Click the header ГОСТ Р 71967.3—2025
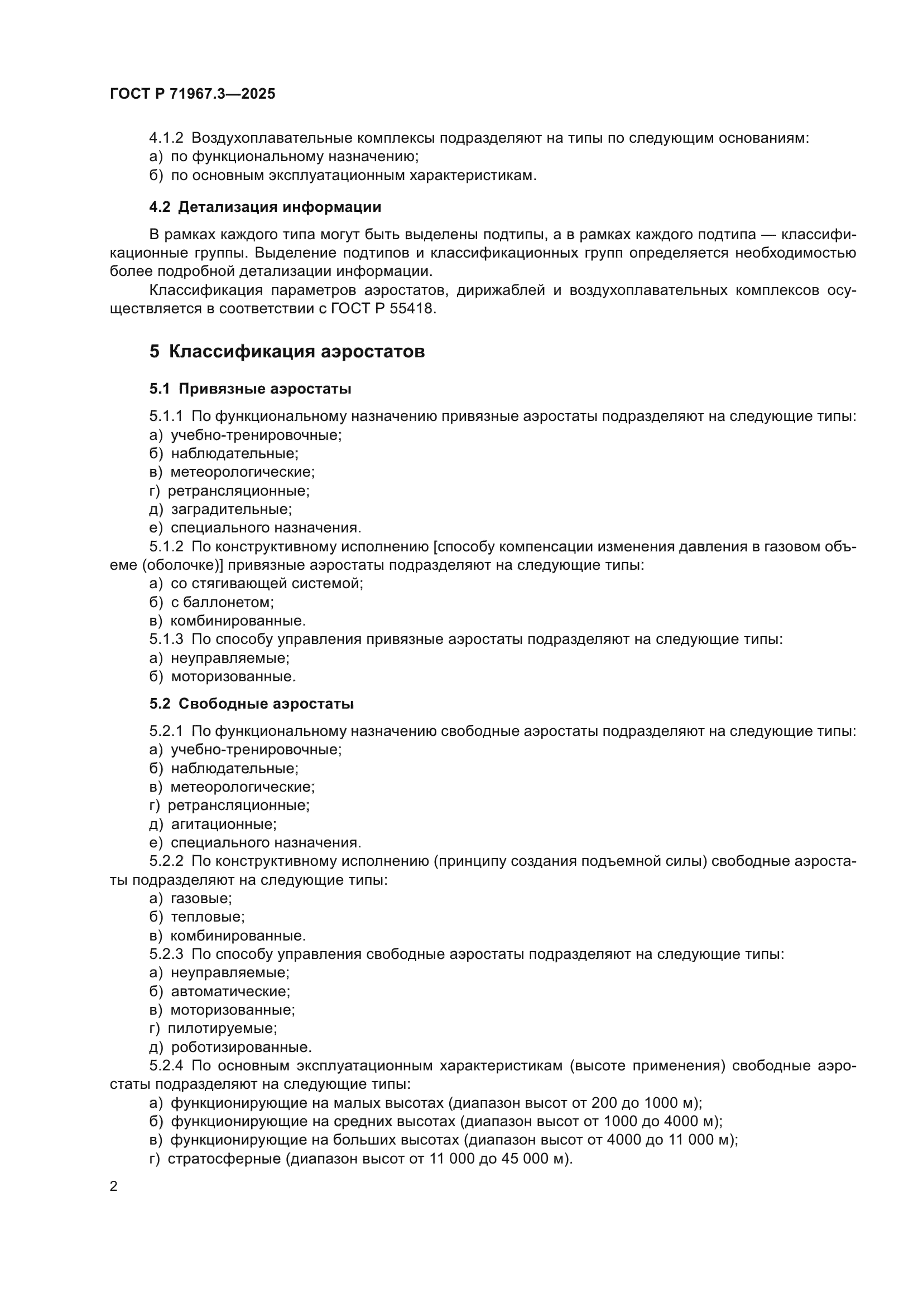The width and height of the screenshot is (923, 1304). pyautogui.click(x=192, y=94)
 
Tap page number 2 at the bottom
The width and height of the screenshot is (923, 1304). pyautogui.click(x=114, y=1186)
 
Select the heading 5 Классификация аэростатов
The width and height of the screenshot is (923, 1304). pyautogui.click(x=287, y=352)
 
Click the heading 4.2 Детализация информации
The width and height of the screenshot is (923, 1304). pyautogui.click(x=265, y=207)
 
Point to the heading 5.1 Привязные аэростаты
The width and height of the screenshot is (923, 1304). pyautogui.click(x=250, y=389)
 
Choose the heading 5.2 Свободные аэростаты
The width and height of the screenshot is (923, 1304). pyautogui.click(x=251, y=704)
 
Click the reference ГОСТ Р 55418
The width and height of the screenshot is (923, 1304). pyautogui.click(x=382, y=309)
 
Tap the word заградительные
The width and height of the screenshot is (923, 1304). pyautogui.click(x=231, y=510)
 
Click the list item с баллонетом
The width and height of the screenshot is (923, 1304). pyautogui.click(x=222, y=602)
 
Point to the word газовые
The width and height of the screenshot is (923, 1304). pyautogui.click(x=201, y=899)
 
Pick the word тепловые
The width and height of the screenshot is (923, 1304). pyautogui.click(x=207, y=917)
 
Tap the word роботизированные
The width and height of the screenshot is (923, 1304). pyautogui.click(x=241, y=1048)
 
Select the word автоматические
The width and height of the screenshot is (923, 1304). pyautogui.click(x=229, y=992)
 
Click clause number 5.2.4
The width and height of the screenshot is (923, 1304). pyautogui.click(x=166, y=1065)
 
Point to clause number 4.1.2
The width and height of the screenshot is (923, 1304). pyautogui.click(x=166, y=138)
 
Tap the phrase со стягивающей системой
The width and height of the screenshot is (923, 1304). pyautogui.click(x=266, y=583)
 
